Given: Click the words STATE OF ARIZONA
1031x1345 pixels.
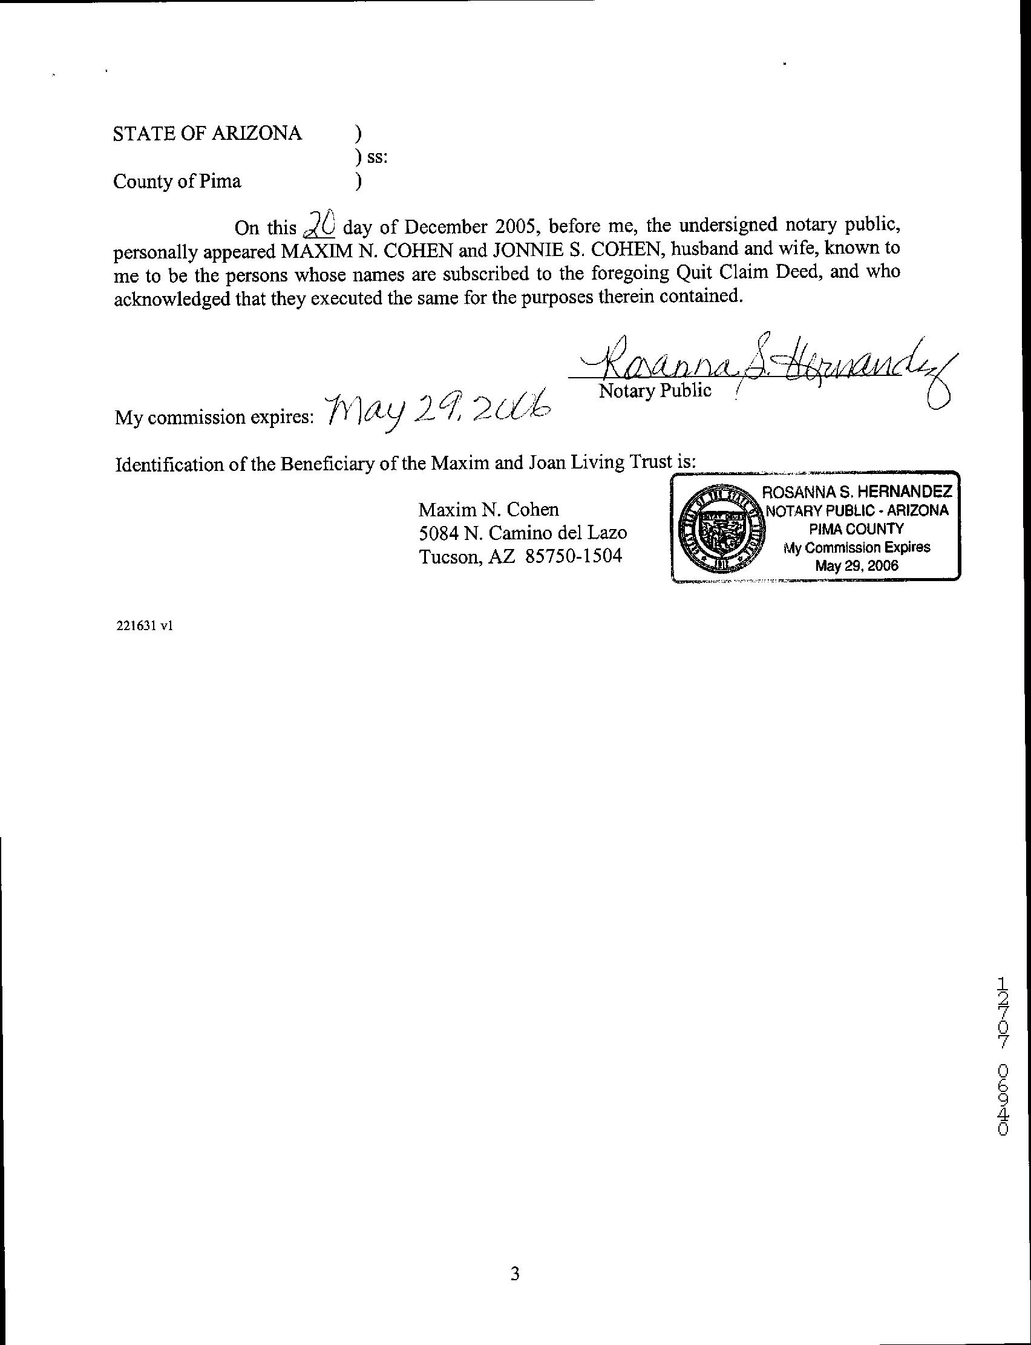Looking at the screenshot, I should tap(207, 133).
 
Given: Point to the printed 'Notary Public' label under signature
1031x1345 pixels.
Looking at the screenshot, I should tap(655, 390).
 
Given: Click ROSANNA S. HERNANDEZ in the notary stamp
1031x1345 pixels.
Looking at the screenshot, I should tap(856, 492).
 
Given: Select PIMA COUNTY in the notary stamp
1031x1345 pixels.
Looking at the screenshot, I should tap(856, 528).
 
